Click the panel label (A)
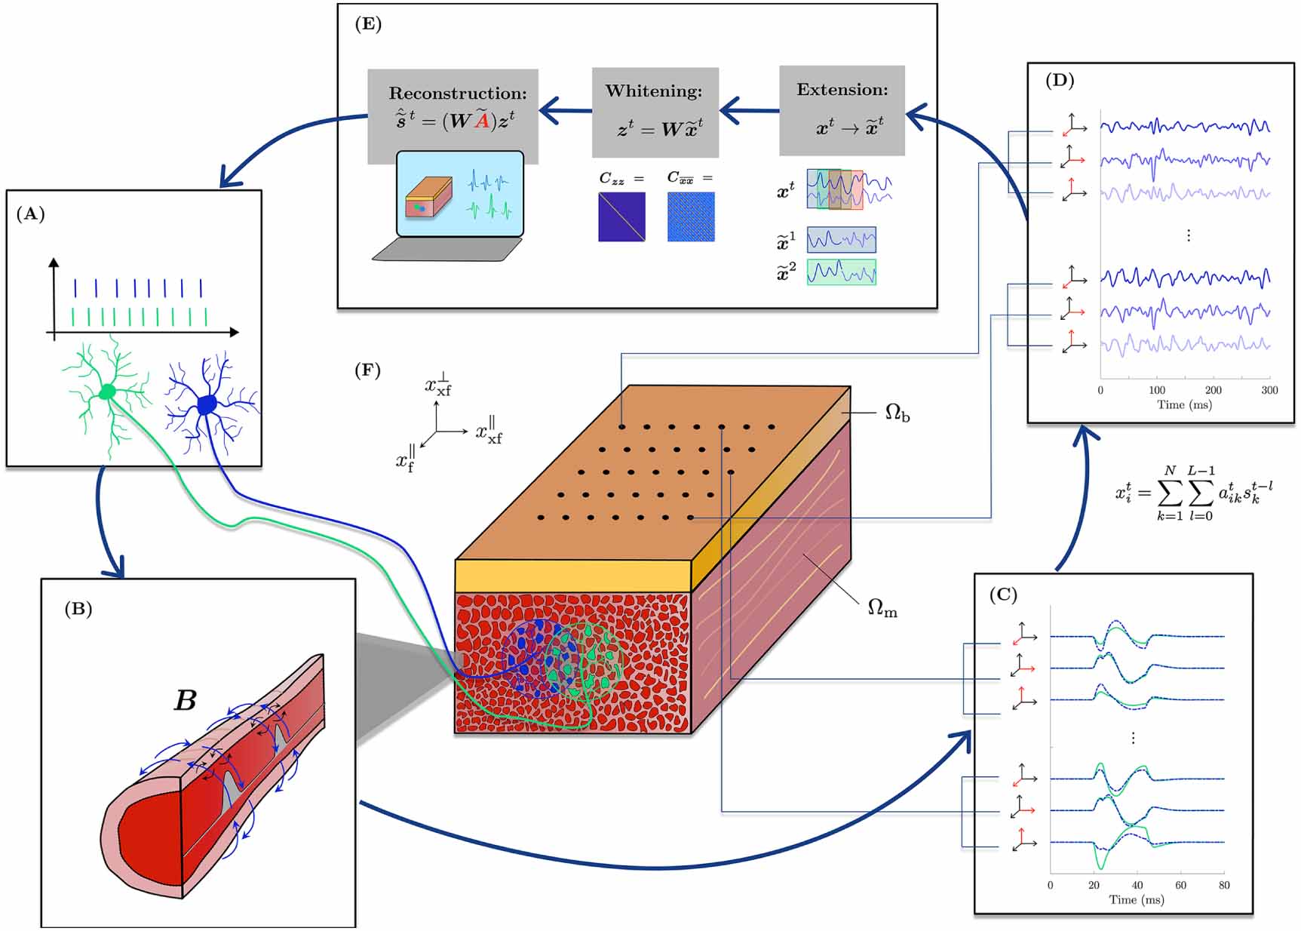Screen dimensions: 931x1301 pyautogui.click(x=30, y=214)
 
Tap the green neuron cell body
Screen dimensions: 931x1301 pyautogui.click(x=107, y=392)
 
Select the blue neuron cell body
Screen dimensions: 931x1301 pyautogui.click(x=207, y=405)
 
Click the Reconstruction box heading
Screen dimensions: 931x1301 pyautogui.click(x=457, y=94)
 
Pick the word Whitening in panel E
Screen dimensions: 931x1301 pyautogui.click(x=653, y=91)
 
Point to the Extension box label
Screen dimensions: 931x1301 pyautogui.click(x=842, y=90)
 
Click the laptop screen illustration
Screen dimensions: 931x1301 pyautogui.click(x=459, y=193)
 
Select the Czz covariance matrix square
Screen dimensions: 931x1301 pyautogui.click(x=621, y=217)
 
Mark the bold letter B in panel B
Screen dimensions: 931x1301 pyautogui.click(x=186, y=700)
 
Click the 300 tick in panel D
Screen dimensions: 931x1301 pyautogui.click(x=1269, y=390)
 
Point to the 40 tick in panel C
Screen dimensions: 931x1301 pyautogui.click(x=1137, y=885)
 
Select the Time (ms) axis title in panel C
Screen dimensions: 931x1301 pyautogui.click(x=1136, y=899)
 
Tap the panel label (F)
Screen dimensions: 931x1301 pyautogui.click(x=367, y=370)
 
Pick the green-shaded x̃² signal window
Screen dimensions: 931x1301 pyautogui.click(x=841, y=272)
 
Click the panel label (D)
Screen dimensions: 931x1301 pyautogui.click(x=1059, y=80)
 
